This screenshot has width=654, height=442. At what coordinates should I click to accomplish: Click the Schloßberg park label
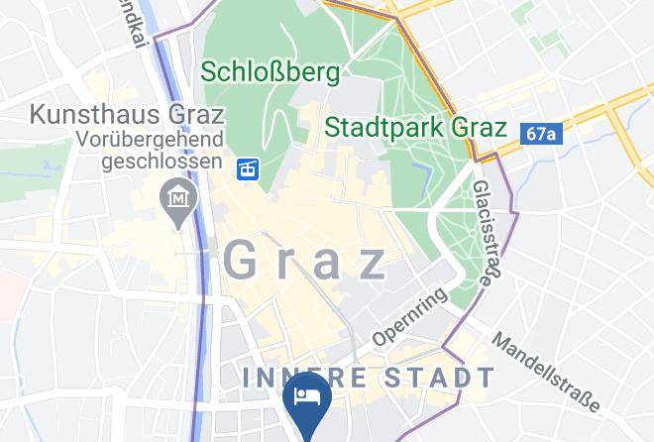[x=271, y=71]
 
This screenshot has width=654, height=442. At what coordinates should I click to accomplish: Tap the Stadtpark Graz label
[x=416, y=128]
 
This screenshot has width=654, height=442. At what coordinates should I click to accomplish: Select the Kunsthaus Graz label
[x=126, y=113]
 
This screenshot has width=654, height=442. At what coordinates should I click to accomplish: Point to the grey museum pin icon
[x=178, y=200]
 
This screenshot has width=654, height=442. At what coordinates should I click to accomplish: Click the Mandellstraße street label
[x=545, y=371]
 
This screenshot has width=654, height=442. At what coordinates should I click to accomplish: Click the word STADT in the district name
[x=437, y=378]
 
